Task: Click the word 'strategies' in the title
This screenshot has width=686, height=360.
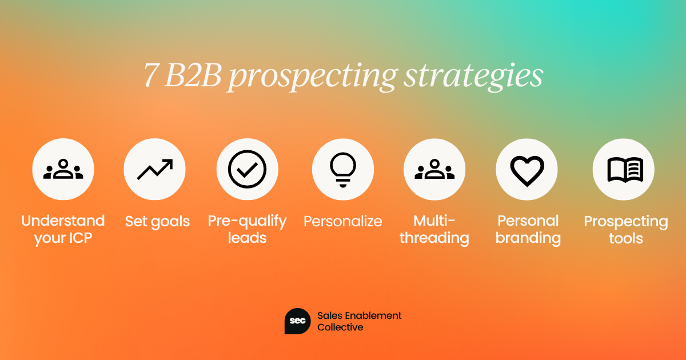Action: pyautogui.click(x=473, y=76)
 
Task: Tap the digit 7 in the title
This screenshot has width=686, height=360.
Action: pyautogui.click(x=151, y=75)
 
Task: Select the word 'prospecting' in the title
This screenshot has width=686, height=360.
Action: pyautogui.click(x=313, y=77)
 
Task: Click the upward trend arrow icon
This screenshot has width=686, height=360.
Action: pyautogui.click(x=155, y=169)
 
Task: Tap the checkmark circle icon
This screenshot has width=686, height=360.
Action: pyautogui.click(x=247, y=169)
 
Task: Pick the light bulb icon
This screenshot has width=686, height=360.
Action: pyautogui.click(x=343, y=170)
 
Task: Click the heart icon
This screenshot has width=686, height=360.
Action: pyautogui.click(x=527, y=171)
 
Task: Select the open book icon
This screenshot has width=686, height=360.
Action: pyautogui.click(x=625, y=170)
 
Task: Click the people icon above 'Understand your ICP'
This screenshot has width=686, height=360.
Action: pyautogui.click(x=63, y=169)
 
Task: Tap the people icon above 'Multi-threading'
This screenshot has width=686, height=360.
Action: pyautogui.click(x=434, y=169)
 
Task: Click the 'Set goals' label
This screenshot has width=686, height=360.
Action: pyautogui.click(x=157, y=222)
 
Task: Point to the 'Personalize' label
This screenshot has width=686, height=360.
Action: pyautogui.click(x=342, y=221)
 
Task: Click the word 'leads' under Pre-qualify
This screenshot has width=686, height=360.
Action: pyautogui.click(x=247, y=238)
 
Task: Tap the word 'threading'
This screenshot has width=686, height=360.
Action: pyautogui.click(x=434, y=238)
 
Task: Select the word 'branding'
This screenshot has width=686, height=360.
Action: pyautogui.click(x=528, y=238)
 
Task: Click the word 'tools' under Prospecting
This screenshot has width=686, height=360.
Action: pyautogui.click(x=625, y=238)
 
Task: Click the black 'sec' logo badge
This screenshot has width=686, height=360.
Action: pyautogui.click(x=297, y=321)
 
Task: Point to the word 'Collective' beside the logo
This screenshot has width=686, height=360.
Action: pyautogui.click(x=340, y=327)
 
